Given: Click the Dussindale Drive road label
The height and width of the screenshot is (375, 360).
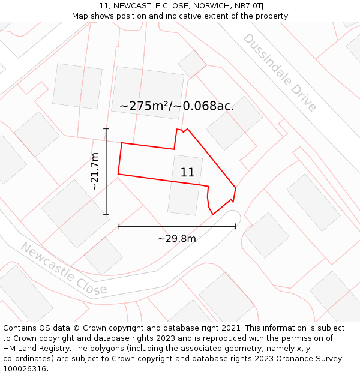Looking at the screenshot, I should click(279, 72).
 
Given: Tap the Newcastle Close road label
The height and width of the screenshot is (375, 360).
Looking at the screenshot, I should click(63, 268).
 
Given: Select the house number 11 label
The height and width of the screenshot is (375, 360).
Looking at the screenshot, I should click(187, 173).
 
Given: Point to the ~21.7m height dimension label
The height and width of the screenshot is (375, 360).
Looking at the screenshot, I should click(94, 172).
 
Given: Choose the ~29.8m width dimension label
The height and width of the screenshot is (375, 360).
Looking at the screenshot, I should click(177, 239).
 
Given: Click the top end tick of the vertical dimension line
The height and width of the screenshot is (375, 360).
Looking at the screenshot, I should click(106, 129).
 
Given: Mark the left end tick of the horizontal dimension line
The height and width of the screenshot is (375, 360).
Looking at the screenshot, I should click(118, 226).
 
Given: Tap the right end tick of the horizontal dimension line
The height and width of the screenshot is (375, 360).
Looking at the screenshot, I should click(235, 226).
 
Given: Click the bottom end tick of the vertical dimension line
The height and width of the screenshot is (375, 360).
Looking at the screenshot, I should click(106, 214).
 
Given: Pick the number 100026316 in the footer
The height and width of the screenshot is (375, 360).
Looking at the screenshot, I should click(25, 369).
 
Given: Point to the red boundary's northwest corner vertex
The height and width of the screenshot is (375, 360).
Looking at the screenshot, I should click(122, 143).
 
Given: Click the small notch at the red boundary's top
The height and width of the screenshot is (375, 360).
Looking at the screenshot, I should click(182, 130).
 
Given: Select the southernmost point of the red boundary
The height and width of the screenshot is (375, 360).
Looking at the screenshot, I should click(212, 214).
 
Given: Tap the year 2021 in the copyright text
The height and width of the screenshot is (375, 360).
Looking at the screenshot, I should click(230, 328).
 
